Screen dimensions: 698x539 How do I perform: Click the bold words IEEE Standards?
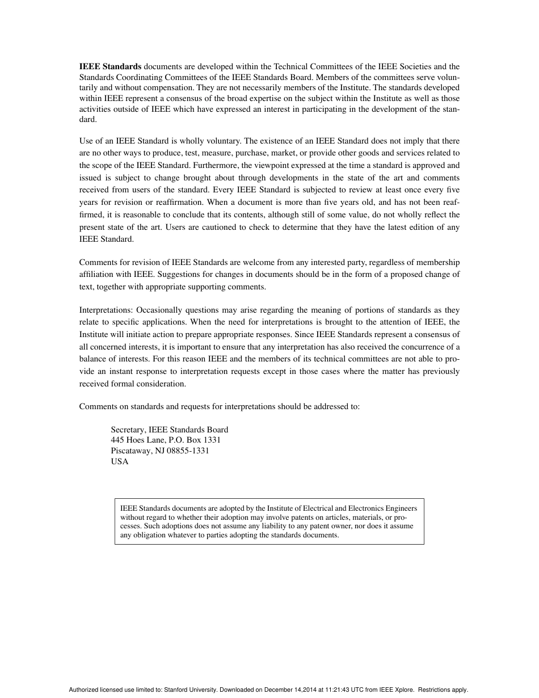coord(110,67)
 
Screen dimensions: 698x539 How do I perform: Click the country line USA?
coord(120,461)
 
